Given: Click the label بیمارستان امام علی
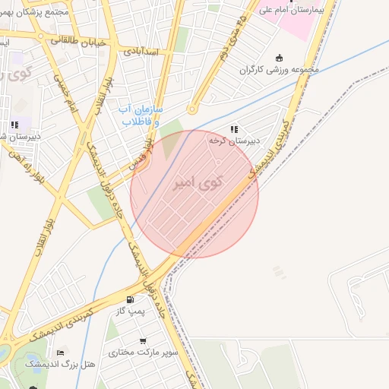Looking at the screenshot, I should pyautogui.click(x=291, y=10).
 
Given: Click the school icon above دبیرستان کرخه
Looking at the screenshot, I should pyautogui.click(x=234, y=129).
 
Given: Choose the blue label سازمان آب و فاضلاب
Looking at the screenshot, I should pyautogui.click(x=141, y=115).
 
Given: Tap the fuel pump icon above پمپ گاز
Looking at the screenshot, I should pyautogui.click(x=131, y=299).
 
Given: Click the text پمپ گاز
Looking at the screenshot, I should pyautogui.click(x=131, y=312).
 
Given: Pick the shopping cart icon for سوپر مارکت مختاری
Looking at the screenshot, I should pyautogui.click(x=143, y=340).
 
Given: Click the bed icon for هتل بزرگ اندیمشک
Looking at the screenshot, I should pyautogui.click(x=61, y=353).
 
